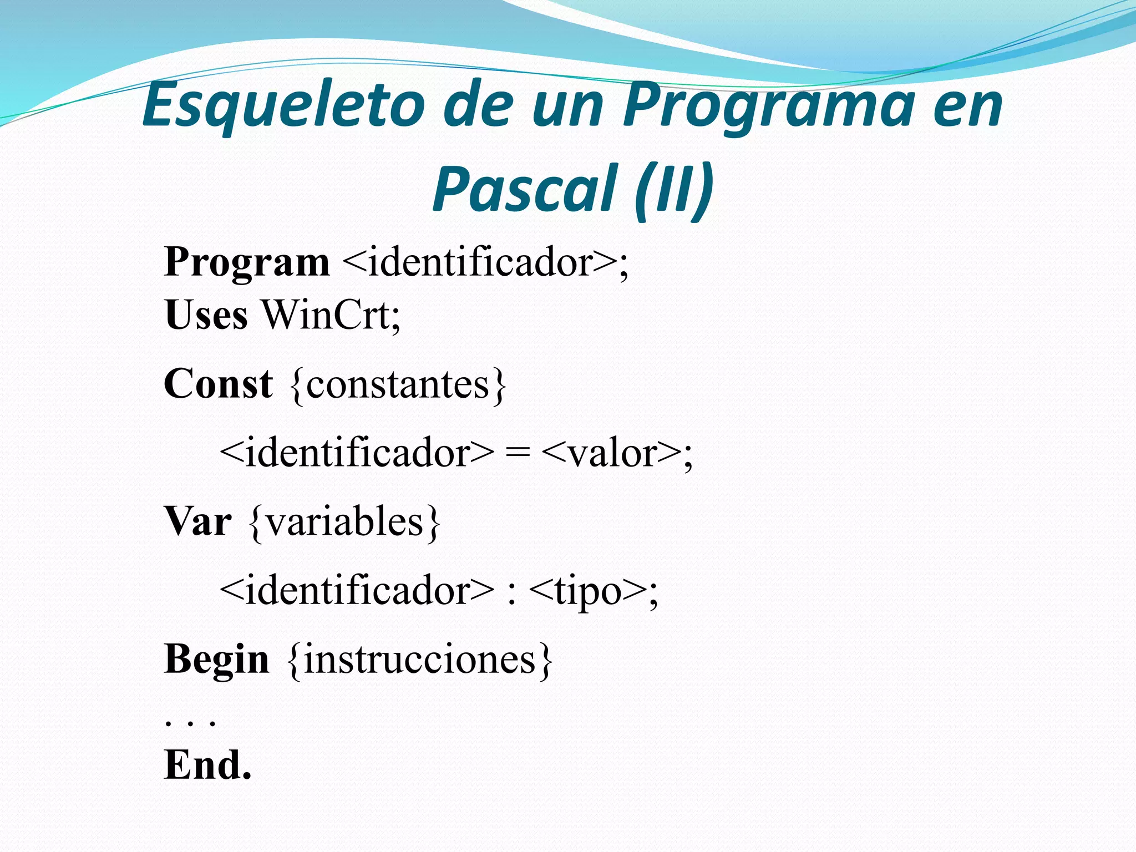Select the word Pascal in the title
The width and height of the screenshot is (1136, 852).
(524, 189)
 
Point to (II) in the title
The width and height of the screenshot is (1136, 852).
(674, 189)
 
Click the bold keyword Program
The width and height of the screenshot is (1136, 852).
(247, 262)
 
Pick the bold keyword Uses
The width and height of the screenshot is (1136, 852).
(206, 315)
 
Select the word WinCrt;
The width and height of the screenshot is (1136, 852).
(331, 315)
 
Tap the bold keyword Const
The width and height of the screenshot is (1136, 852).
(218, 384)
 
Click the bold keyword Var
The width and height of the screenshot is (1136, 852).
(198, 522)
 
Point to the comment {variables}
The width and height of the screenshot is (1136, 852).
(344, 523)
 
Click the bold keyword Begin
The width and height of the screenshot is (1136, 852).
(216, 660)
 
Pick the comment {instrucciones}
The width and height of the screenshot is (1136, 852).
(420, 660)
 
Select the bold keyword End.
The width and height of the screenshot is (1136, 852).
(208, 765)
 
